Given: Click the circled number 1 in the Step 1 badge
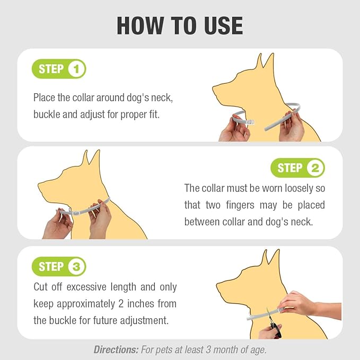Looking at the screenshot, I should (x=76, y=69).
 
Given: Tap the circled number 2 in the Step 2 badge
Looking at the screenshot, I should (x=315, y=169).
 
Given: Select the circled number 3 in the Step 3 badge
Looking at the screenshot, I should (x=76, y=267).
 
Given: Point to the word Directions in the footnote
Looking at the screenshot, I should (x=116, y=349).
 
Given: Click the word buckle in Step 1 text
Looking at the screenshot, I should (x=47, y=114).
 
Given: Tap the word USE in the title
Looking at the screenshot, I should (x=218, y=25).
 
